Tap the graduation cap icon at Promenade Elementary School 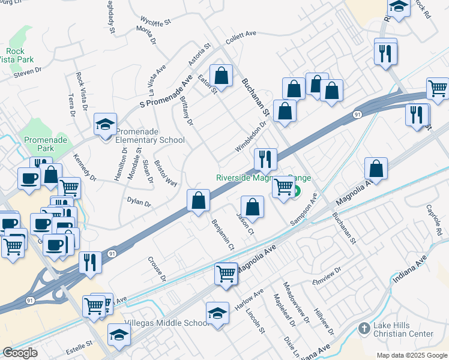[105, 125]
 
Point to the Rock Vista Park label [17, 55]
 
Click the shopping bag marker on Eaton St [221, 76]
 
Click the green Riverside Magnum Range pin [297, 191]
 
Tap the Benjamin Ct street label [223, 235]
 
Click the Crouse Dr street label [157, 269]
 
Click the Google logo [20, 353]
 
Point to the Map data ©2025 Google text [412, 355]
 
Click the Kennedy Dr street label [85, 167]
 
